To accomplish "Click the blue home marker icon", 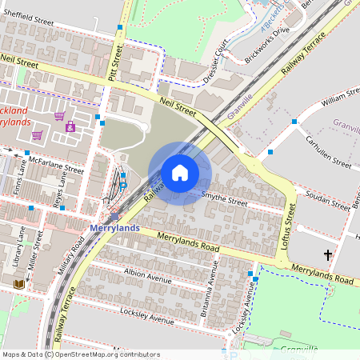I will pyautogui.click(x=180, y=172).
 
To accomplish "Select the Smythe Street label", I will pyautogui.click(x=225, y=197).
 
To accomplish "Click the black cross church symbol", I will pyautogui.click(x=327, y=255).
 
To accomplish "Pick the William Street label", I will pyautogui.click(x=340, y=100).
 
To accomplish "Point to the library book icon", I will pyautogui.click(x=19, y=284).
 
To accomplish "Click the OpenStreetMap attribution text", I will pyautogui.click(x=80, y=354).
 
